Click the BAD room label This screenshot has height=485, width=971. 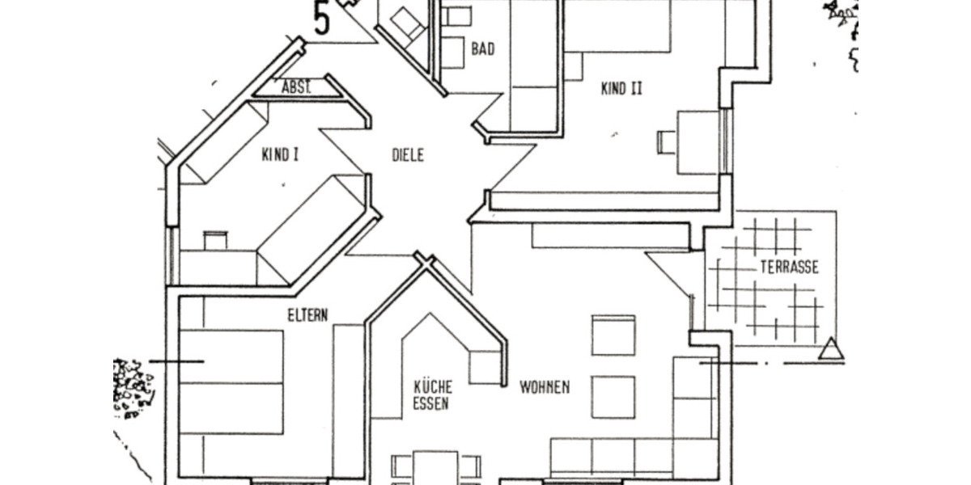point(483,48)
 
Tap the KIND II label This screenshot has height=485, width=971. point(621,89)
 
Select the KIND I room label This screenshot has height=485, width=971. point(280,154)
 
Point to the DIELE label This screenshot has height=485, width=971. point(407,155)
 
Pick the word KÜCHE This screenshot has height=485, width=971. point(432,386)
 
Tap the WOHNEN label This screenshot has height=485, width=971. point(544,387)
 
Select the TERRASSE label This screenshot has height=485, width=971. point(789,267)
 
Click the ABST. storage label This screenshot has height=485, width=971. point(296,87)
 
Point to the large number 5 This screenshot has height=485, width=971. point(322,18)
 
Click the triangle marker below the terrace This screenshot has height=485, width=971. point(830,349)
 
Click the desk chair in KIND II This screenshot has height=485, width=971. point(664,141)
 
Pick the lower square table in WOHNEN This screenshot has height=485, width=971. point(613,397)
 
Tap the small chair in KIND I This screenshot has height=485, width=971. point(215,240)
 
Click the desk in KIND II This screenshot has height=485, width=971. point(697,141)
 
